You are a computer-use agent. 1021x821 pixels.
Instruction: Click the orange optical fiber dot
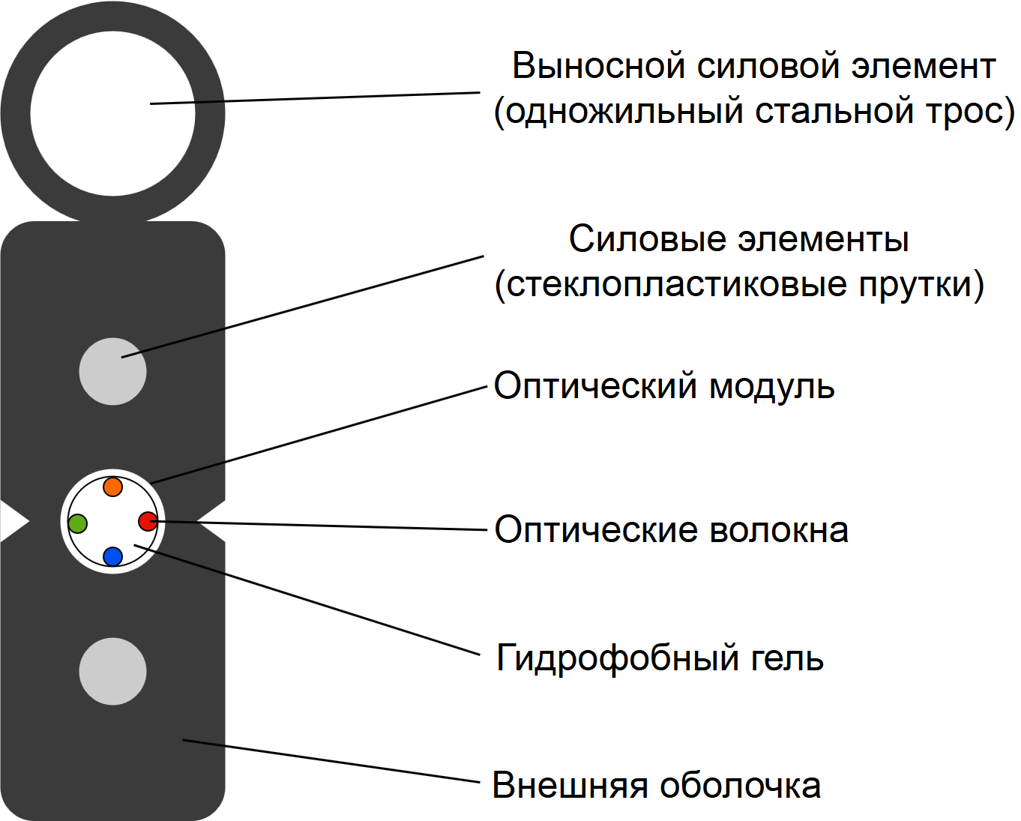click(112, 487)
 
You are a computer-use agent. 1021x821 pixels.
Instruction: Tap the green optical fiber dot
click(77, 523)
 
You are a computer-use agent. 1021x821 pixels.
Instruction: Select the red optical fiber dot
click(148, 520)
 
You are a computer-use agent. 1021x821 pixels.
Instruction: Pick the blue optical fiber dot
click(112, 556)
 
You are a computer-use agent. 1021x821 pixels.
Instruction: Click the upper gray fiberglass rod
click(112, 371)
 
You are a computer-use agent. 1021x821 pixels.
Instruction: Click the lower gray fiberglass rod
click(112, 671)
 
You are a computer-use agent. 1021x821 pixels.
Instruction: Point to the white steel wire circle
click(112, 112)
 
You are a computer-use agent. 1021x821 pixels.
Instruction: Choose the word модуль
click(771, 387)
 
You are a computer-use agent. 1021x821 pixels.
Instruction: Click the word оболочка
click(740, 786)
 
